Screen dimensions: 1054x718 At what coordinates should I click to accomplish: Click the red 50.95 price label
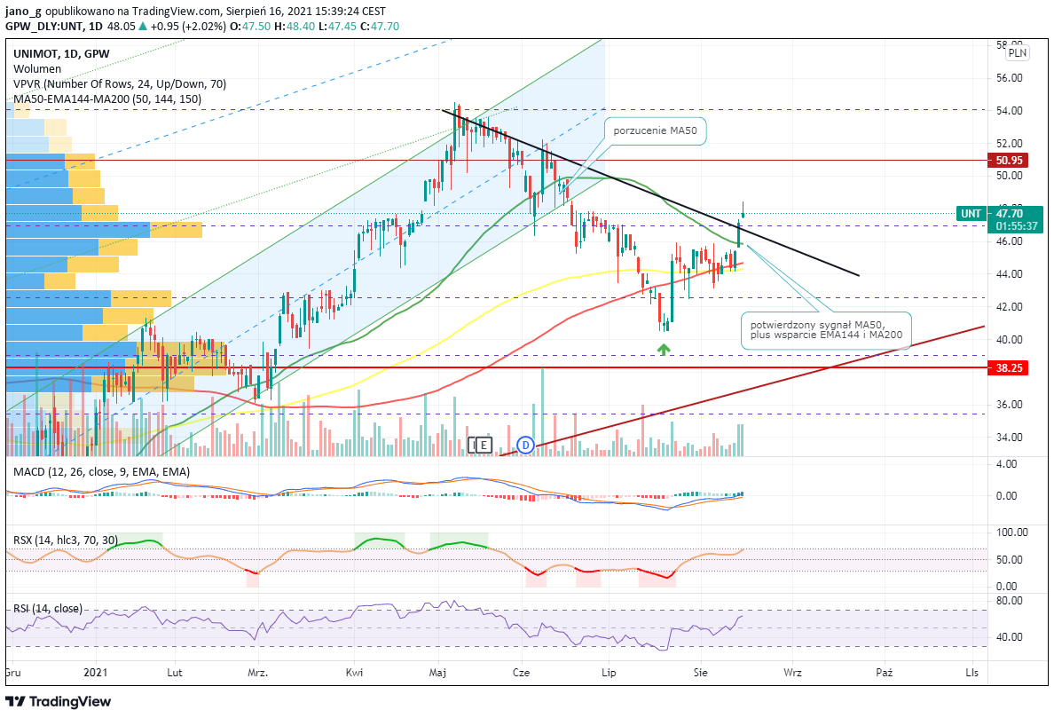(x=1008, y=160)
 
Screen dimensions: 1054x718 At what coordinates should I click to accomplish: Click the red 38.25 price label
(x=1008, y=367)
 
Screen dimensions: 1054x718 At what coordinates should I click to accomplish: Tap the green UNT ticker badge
(x=971, y=214)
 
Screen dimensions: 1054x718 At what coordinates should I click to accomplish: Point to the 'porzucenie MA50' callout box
(x=656, y=131)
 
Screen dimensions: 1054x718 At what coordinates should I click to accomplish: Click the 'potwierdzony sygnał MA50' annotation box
(x=826, y=330)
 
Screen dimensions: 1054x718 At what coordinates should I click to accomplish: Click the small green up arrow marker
(x=664, y=349)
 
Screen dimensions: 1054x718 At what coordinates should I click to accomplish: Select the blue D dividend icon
(x=525, y=445)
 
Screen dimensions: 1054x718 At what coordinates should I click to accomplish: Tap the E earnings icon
(x=484, y=445)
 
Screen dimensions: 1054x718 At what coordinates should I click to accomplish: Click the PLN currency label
(x=1017, y=52)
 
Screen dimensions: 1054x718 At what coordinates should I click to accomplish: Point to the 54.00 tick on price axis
(x=1009, y=111)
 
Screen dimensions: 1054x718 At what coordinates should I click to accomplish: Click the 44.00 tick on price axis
(x=1009, y=274)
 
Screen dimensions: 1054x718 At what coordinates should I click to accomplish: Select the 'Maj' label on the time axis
(x=437, y=672)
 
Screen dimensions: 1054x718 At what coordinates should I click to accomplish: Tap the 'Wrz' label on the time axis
(x=792, y=672)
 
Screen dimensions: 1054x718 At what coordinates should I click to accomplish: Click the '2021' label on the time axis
(x=96, y=672)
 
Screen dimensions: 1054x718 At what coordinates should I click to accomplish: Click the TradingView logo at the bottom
(x=58, y=702)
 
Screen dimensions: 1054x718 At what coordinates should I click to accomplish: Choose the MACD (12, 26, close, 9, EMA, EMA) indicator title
(x=101, y=472)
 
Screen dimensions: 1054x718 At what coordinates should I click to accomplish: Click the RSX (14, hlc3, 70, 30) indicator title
(x=66, y=540)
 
